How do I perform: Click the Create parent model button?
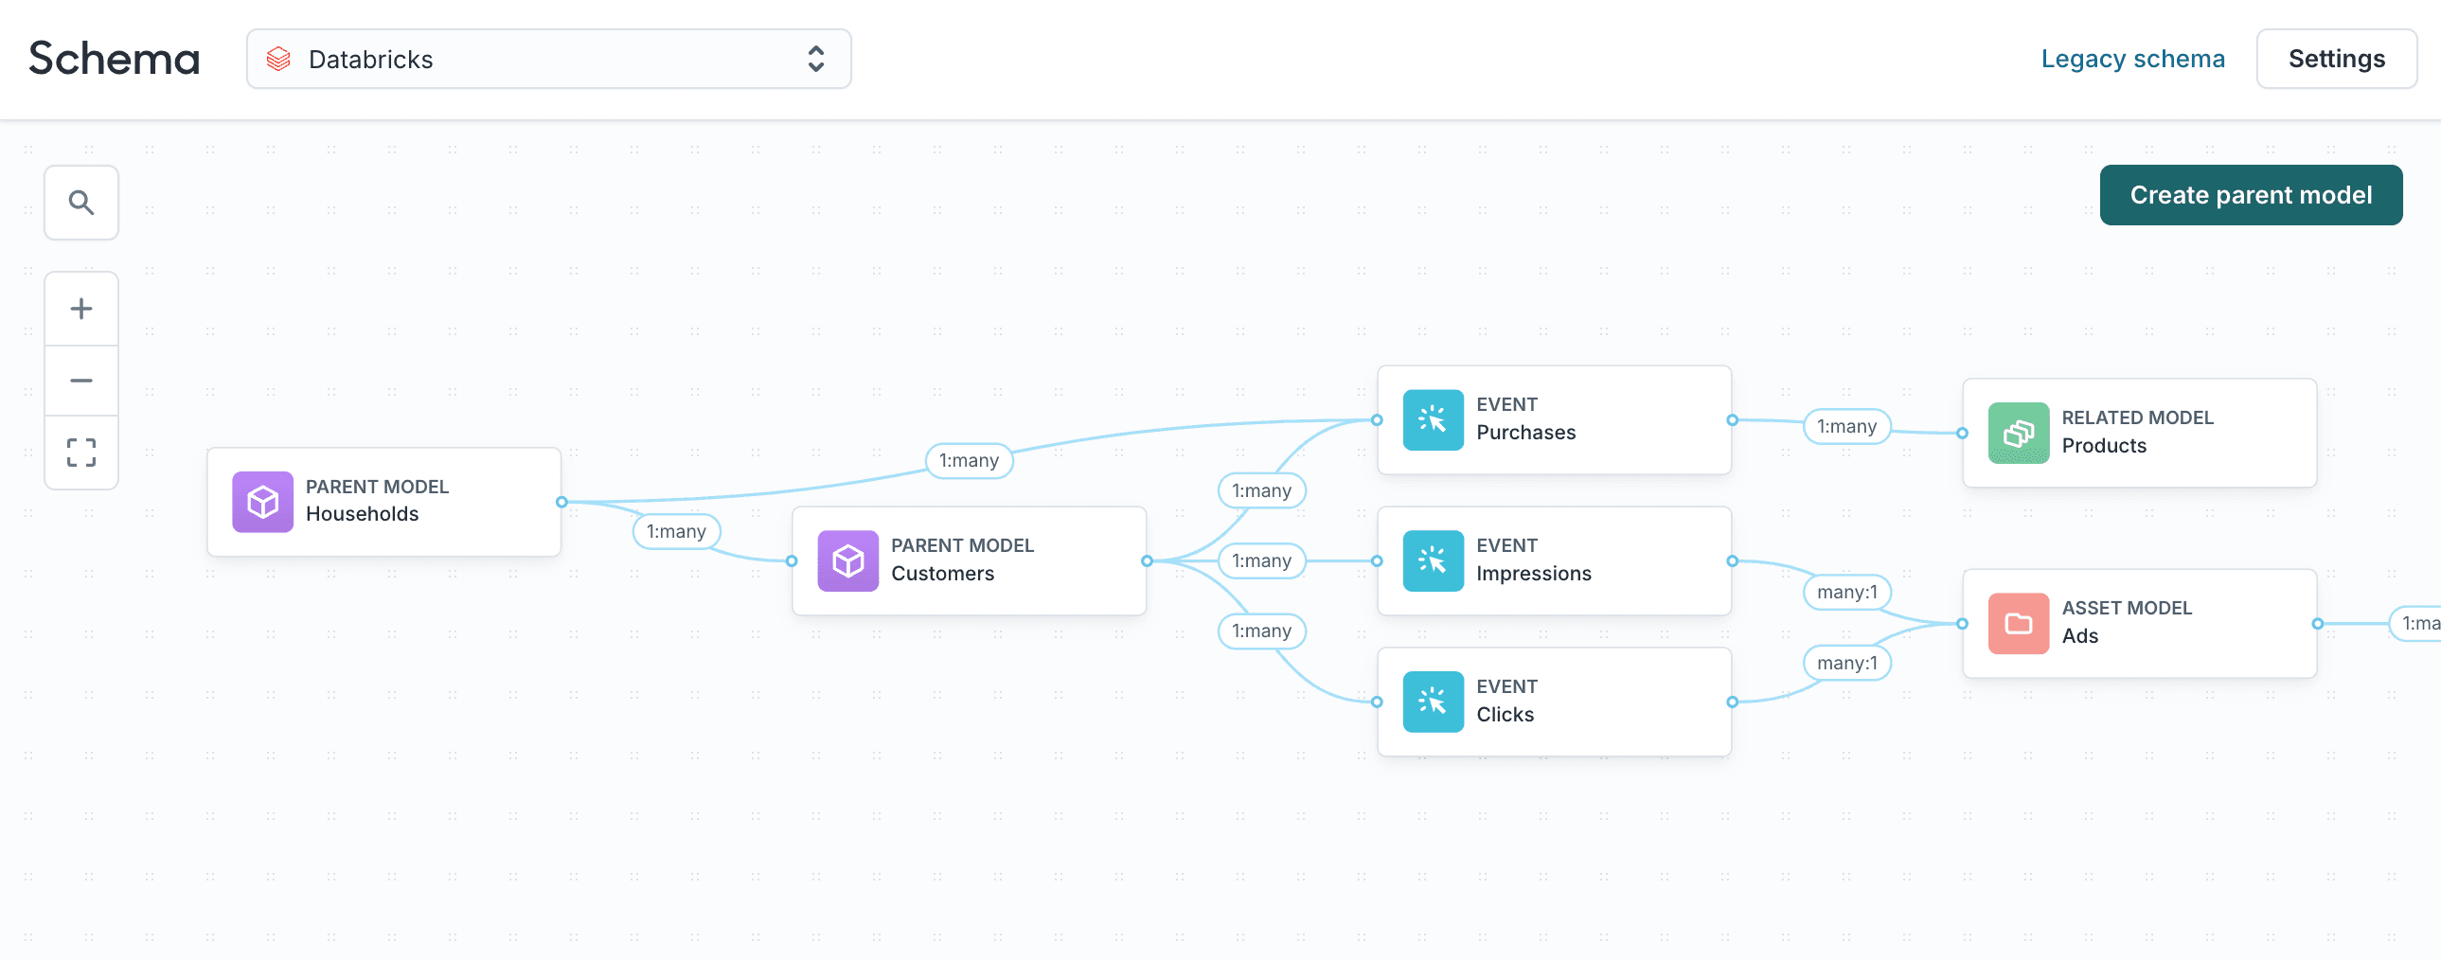(2250, 195)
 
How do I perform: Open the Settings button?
(2336, 59)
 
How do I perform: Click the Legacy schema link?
(2132, 59)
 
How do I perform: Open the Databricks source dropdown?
(547, 59)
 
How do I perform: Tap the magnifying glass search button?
(81, 203)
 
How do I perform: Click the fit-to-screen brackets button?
(81, 453)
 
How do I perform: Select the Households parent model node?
(383, 502)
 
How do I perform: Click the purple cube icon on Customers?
(847, 561)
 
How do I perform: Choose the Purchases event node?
(1553, 419)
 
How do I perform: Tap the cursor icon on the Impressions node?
(1433, 561)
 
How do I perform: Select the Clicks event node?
(1553, 702)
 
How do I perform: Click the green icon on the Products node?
(2019, 433)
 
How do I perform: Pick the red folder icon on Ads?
(2019, 624)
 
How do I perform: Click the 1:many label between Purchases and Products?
(1846, 426)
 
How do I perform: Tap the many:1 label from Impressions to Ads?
(1846, 593)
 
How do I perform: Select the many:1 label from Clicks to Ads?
(1846, 664)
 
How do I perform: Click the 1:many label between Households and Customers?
(676, 532)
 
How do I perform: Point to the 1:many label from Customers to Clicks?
(1260, 631)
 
